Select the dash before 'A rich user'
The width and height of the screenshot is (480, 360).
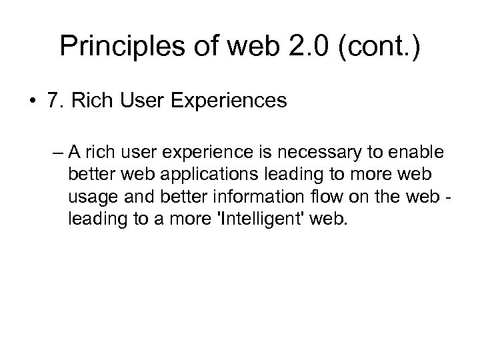(x=59, y=151)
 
